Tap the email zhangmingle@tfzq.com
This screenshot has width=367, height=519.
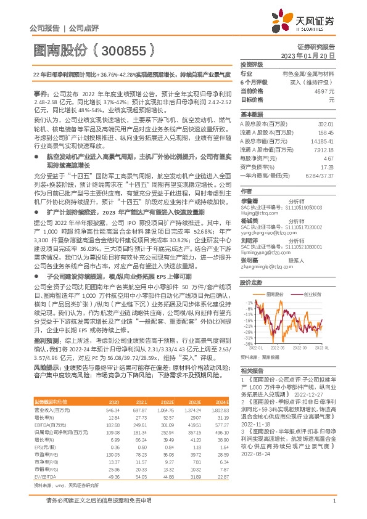click(261, 250)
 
